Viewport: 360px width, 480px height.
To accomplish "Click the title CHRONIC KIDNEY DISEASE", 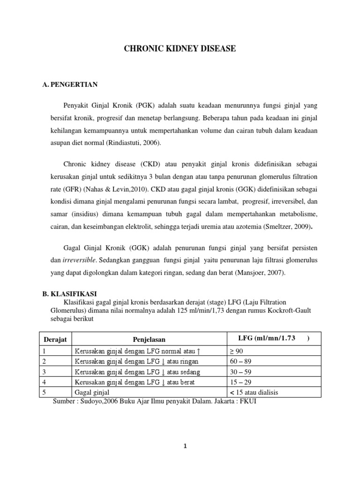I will (x=180, y=48).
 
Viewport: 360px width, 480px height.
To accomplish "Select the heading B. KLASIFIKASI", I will (x=69, y=293).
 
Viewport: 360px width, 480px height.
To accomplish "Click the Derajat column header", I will (x=55, y=339).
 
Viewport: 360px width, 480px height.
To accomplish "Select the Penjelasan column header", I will (x=149, y=339).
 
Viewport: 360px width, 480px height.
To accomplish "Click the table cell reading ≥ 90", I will (x=237, y=351).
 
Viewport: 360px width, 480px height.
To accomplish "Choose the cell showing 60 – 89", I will (x=240, y=361).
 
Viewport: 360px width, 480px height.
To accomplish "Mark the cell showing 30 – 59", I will (x=240, y=372).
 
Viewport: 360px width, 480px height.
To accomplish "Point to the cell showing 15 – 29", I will (x=240, y=382).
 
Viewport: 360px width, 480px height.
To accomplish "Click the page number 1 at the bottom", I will (x=185, y=446).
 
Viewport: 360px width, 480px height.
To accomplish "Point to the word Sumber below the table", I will (x=65, y=402).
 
